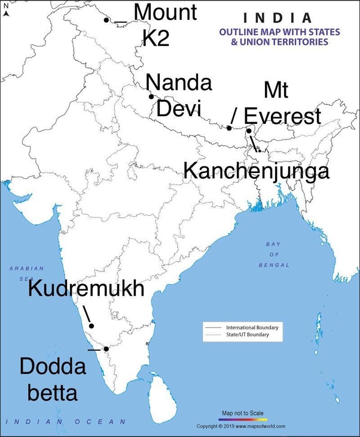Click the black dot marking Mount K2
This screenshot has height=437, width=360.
point(106,20)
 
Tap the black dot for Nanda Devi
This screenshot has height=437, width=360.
point(151,96)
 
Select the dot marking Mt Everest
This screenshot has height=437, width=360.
point(229,128)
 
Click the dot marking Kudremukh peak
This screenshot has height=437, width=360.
point(91,326)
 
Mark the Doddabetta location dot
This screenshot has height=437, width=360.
point(106,348)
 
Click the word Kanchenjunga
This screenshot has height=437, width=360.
point(256,171)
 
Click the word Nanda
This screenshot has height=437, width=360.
point(179,83)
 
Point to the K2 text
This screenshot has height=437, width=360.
point(156,39)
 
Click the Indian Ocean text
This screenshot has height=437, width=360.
point(66,422)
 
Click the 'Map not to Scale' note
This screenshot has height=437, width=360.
point(242,413)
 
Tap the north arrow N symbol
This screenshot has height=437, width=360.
point(5,7)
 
